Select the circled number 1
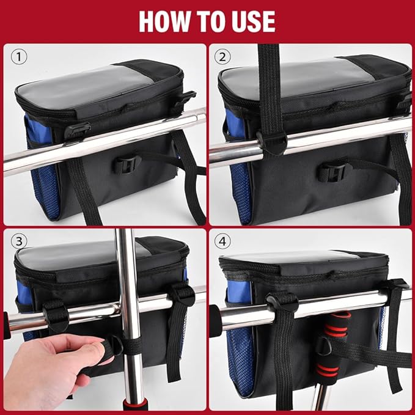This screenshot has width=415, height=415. point(19,57)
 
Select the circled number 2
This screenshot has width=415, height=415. point(222,57)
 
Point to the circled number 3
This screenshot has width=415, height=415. point(19,241)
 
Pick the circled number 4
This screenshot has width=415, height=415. point(222,241)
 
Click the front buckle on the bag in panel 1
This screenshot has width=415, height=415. point(128,164)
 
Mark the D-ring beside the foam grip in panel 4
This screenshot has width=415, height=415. point(323,346)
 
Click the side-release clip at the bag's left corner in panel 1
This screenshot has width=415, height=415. point(78,130)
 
